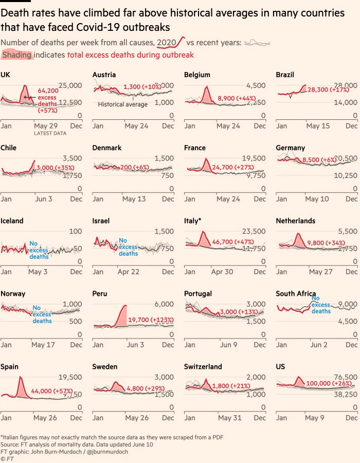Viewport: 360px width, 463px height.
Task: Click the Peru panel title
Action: coord(100,294)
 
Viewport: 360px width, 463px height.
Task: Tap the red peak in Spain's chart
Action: coord(21,378)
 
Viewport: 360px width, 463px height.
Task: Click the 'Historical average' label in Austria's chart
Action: coord(122,104)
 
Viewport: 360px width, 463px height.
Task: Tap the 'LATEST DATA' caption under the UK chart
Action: coord(50,133)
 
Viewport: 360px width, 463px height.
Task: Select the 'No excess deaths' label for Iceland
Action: coord(39,250)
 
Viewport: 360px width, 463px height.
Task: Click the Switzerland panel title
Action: coord(203,367)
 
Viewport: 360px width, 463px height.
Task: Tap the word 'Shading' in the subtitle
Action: coord(17,55)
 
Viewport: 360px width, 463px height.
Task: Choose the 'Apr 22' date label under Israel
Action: coord(129,272)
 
